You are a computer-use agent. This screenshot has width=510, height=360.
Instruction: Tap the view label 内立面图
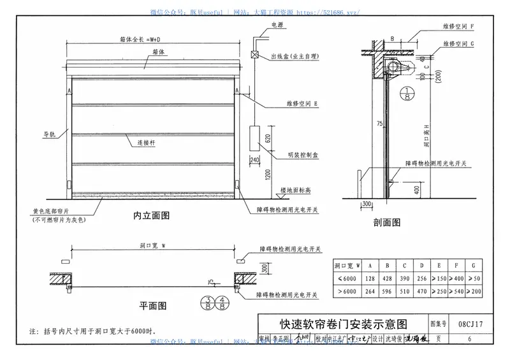152,215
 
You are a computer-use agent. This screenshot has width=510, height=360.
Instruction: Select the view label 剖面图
387,222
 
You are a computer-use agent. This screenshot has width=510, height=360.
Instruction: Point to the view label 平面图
153,305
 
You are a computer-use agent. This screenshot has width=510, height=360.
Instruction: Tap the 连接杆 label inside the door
147,144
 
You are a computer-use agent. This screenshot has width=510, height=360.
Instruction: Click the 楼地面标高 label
296,190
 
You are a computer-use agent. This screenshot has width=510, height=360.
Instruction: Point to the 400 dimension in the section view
416,190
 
